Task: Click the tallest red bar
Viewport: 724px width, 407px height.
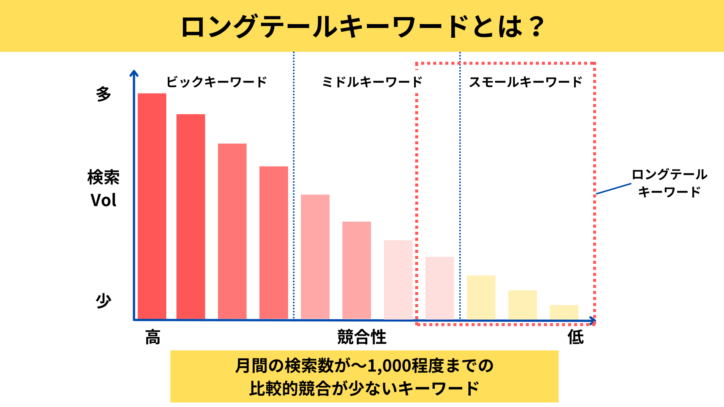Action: coord(152,206)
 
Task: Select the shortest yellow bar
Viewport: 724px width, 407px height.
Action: coord(564,312)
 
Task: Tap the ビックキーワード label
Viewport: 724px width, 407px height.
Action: coord(217,82)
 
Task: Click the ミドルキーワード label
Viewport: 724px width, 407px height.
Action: coord(372,82)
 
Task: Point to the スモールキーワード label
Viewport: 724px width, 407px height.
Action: coord(526,82)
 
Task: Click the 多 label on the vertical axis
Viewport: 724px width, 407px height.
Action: coord(103,94)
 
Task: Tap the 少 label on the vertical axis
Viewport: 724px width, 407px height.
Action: coord(103,301)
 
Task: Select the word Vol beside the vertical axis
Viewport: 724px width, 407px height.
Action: coord(103,200)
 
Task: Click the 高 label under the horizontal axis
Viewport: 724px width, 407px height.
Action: coord(153,337)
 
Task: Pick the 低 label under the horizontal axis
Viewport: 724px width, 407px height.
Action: coord(576,337)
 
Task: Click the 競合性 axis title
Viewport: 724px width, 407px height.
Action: coord(362,337)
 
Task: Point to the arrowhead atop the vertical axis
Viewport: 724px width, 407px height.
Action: coord(134,73)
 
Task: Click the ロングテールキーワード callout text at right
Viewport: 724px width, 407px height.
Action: coord(669,183)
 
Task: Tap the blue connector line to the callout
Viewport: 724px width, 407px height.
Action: coord(614,189)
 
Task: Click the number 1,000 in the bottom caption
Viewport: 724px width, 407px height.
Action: coord(388,366)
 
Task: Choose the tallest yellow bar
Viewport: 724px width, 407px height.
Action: coord(481,297)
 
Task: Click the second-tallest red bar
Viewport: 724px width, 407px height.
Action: coord(191,216)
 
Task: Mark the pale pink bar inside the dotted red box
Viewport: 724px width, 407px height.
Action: coord(439,288)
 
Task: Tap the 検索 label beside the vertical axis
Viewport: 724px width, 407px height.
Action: coord(103,177)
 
